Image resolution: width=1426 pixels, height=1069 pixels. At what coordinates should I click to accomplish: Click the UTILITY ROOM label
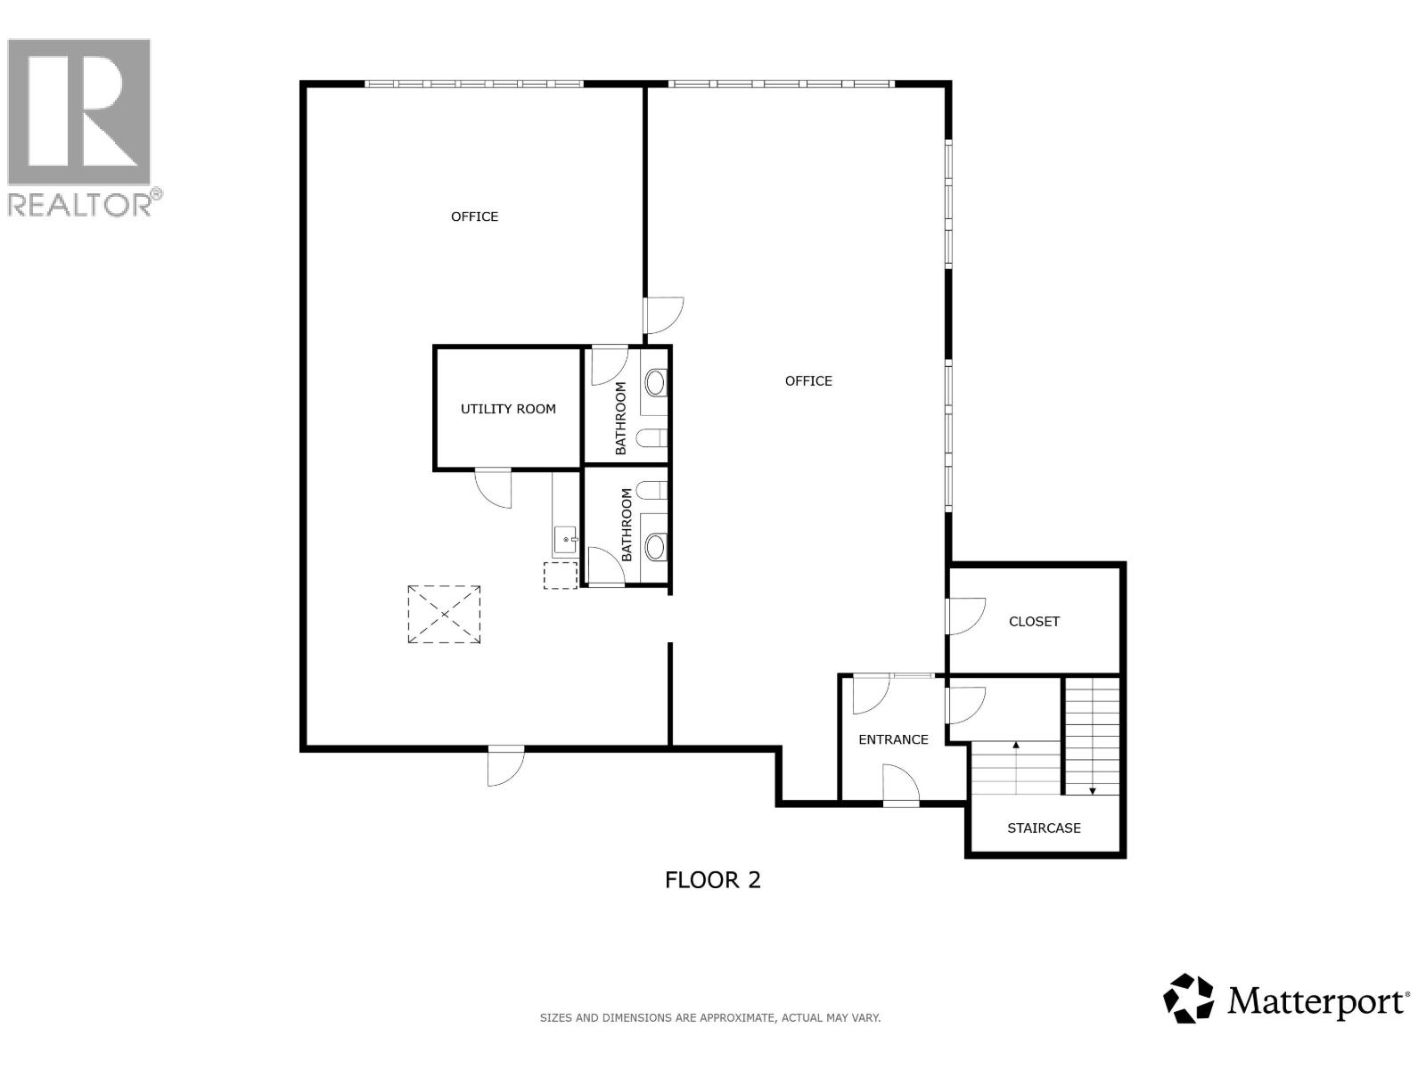coord(508,409)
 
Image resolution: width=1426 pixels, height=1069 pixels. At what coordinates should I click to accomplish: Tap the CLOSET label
coord(1034,621)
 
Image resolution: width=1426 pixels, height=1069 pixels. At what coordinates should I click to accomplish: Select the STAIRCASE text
coord(1044,828)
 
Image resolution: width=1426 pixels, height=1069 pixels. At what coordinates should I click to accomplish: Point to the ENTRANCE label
coord(893,739)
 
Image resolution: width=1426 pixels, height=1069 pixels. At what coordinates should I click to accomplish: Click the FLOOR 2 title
coord(713,880)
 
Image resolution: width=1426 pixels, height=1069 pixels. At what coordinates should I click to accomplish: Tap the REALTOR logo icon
coord(79,111)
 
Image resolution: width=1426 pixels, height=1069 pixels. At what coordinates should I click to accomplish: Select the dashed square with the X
coord(445,615)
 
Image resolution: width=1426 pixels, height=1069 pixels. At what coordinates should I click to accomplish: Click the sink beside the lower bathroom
coord(565,540)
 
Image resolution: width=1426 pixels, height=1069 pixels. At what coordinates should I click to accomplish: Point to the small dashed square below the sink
coord(561,575)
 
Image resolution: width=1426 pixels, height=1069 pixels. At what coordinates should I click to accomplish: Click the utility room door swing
coord(494,488)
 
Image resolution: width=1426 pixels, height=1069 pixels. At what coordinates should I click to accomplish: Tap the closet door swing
coord(967,616)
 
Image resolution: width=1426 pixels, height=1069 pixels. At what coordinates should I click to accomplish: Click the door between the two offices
coord(663,315)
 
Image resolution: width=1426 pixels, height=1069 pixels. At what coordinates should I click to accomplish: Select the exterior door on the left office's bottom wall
coord(506,766)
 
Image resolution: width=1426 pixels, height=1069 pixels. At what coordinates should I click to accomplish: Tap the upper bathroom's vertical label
coord(620,418)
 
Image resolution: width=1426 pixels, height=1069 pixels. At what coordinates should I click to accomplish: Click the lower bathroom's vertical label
coord(627,525)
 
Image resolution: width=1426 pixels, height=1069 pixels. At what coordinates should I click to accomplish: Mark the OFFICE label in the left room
coord(474,216)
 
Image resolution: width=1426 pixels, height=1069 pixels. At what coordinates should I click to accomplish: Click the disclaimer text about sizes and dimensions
coord(710,1017)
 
